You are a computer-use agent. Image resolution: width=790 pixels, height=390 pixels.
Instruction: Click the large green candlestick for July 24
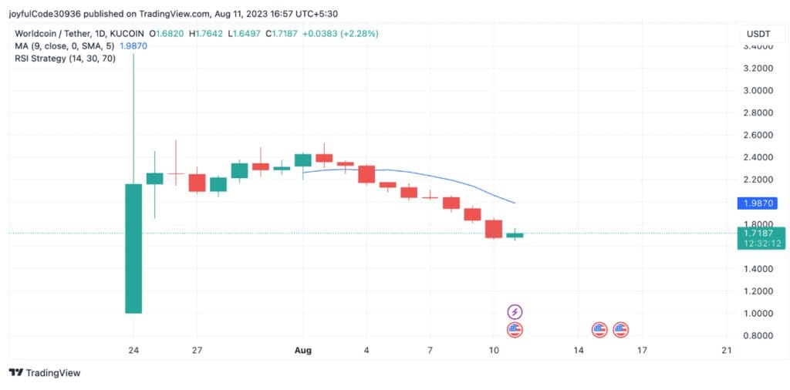tap(133, 248)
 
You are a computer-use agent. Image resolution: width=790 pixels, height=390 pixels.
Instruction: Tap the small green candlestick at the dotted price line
tap(515, 234)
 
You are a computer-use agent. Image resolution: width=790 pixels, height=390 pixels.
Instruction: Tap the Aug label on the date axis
tap(302, 351)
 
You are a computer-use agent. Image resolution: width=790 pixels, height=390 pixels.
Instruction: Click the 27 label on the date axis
tap(197, 351)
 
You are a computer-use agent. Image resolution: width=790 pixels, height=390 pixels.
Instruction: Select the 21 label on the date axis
tap(725, 351)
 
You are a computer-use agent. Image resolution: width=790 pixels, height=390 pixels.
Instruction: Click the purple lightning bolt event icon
tap(515, 311)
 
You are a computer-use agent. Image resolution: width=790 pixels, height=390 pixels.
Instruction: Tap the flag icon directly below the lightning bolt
tap(515, 330)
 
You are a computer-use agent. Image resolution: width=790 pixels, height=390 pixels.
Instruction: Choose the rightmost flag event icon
tap(620, 330)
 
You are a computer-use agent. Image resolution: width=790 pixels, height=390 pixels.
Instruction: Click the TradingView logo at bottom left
tap(45, 373)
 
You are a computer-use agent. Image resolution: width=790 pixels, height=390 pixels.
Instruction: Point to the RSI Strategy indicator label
tap(66, 59)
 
